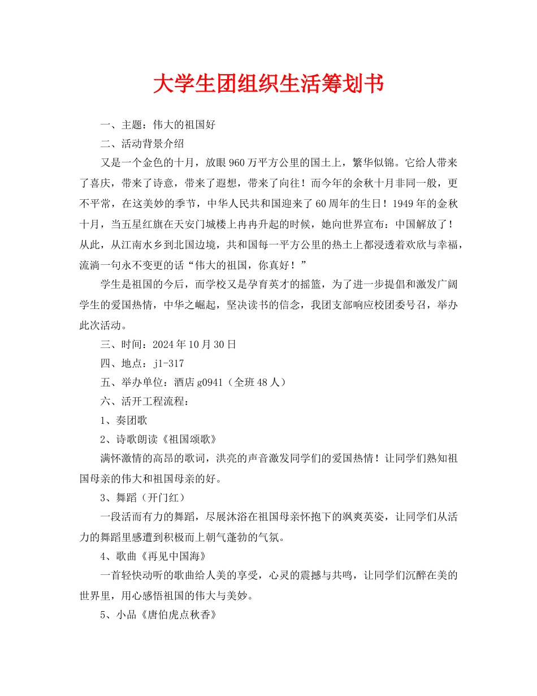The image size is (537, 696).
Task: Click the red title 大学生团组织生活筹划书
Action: click(x=268, y=83)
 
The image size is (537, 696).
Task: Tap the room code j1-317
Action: click(x=168, y=363)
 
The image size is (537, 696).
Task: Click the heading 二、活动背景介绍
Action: click(x=142, y=143)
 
